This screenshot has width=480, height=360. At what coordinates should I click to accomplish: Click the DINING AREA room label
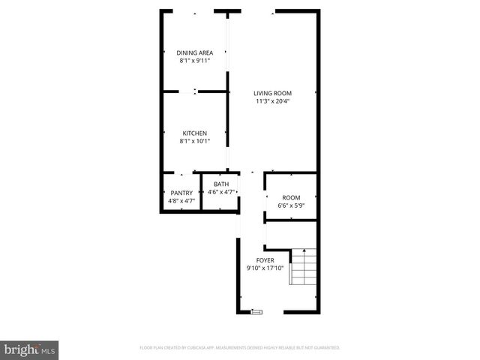click(x=194, y=52)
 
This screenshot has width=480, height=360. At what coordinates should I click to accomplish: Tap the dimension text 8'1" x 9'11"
click(x=194, y=60)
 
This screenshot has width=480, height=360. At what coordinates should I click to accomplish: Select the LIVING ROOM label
click(x=272, y=93)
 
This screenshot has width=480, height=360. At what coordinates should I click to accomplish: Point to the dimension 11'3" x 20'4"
click(x=272, y=100)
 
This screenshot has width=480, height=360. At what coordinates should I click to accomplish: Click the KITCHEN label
click(x=194, y=133)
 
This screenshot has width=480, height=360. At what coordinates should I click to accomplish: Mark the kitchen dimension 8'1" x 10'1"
click(x=194, y=141)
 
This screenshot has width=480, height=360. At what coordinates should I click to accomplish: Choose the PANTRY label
click(x=181, y=193)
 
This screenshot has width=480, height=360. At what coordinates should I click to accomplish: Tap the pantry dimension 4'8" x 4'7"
click(x=181, y=200)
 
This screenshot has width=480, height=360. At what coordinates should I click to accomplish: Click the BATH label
click(x=221, y=184)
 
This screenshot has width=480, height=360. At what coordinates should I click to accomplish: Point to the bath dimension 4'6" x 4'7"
click(x=221, y=192)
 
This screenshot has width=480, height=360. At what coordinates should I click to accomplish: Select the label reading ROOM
click(x=291, y=198)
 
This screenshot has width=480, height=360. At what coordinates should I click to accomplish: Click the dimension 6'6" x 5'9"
click(x=291, y=205)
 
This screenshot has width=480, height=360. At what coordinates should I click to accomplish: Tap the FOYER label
click(x=265, y=260)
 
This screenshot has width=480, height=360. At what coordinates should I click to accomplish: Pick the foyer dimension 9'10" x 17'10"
click(x=265, y=268)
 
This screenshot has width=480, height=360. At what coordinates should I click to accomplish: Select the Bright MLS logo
click(x=29, y=349)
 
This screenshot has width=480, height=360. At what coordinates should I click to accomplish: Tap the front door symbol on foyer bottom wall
click(x=257, y=311)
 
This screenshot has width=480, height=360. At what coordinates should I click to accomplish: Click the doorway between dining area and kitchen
click(x=195, y=91)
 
